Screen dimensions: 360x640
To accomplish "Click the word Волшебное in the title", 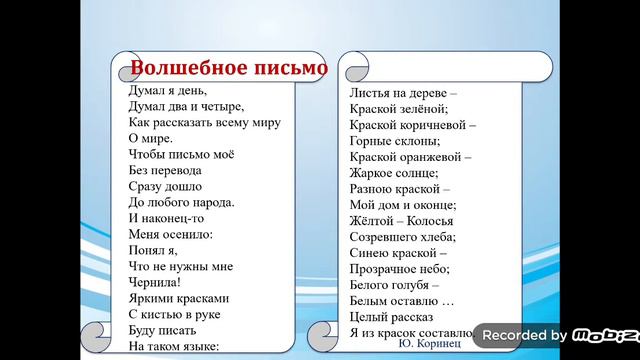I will (x=180, y=68).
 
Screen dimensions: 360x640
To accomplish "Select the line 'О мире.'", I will (x=149, y=138).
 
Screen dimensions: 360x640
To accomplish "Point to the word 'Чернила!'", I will (x=155, y=282).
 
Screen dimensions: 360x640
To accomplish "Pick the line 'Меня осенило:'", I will (x=171, y=234).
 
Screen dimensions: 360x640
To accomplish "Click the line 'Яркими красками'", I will (x=179, y=298).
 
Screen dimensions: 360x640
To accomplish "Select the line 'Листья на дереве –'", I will (x=402, y=92).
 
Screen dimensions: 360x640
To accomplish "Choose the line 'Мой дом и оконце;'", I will (x=401, y=204).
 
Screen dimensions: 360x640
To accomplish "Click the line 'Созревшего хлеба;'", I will (x=402, y=237).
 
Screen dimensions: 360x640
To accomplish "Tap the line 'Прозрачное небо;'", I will (x=400, y=269).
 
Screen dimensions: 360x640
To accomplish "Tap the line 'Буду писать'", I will (x=163, y=330).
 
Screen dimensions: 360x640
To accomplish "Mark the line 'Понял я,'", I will (x=155, y=250).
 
